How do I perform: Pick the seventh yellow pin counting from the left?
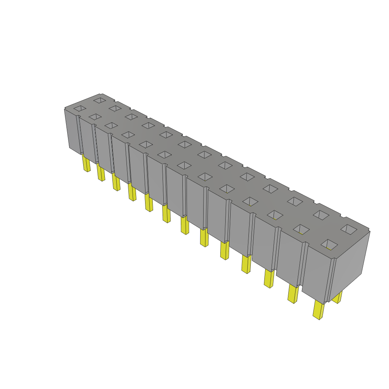point(185,226)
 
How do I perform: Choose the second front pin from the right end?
point(293,294)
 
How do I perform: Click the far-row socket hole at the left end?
point(100,100)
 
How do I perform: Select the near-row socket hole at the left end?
point(80,109)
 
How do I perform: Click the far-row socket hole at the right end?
point(349,229)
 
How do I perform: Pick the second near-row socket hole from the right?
point(301,228)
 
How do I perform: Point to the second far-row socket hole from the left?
point(115,109)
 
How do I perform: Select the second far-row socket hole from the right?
point(321,215)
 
